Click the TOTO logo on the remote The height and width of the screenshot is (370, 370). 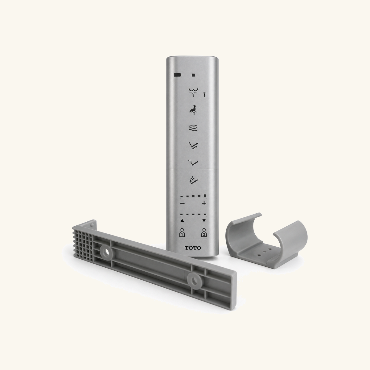[193, 248]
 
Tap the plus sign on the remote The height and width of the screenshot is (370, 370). [204, 203]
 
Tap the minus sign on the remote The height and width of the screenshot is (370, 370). [183, 203]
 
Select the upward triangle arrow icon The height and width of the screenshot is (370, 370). [182, 221]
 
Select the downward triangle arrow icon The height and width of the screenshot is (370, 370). [204, 221]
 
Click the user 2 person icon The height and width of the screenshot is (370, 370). [204, 232]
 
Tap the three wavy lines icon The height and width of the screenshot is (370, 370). [193, 127]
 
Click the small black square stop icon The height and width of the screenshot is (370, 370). [193, 75]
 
